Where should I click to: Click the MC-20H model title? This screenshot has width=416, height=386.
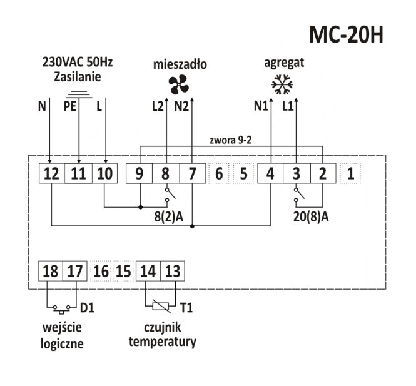coord(345,34)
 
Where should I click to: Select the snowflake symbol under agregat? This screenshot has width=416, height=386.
coord(283,84)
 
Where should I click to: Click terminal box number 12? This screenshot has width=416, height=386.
coord(51,173)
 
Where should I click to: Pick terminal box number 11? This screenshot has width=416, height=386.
coord(78,173)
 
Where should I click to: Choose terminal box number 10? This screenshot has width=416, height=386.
coord(104,173)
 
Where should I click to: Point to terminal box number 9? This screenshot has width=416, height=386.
coord(140,173)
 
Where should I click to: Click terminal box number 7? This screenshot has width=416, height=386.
coord(192,173)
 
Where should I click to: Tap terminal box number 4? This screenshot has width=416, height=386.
coord(270,173)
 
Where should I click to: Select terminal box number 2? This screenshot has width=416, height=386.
coord(323,173)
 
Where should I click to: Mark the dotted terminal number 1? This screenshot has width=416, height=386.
coord(350,173)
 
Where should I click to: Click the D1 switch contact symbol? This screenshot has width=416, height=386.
coord(61,308)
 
